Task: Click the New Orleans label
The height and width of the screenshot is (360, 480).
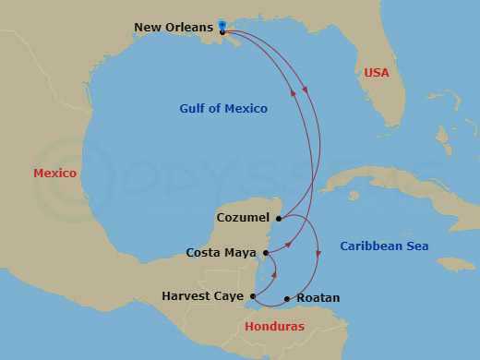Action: (x=174, y=28)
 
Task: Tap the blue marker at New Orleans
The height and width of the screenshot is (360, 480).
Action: (x=222, y=24)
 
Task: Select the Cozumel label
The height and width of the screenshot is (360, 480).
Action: (x=242, y=218)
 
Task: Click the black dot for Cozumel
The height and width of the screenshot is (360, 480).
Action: (x=279, y=219)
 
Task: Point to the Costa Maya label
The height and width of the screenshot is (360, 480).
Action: (x=222, y=252)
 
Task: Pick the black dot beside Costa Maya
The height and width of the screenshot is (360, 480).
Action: (x=266, y=252)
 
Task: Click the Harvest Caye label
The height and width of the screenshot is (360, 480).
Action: (x=203, y=296)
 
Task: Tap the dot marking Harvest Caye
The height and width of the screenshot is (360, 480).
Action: (x=252, y=296)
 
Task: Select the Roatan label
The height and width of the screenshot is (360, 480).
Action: (x=318, y=298)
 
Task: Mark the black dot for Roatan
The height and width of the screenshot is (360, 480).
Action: (x=287, y=298)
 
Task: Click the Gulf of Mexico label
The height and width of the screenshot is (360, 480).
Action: (x=223, y=109)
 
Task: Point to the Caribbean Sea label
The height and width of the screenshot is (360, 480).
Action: (x=384, y=246)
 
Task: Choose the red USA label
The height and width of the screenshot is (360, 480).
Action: (x=377, y=72)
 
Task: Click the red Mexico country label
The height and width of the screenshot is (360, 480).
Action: (x=54, y=173)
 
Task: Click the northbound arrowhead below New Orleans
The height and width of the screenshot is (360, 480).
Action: (x=294, y=91)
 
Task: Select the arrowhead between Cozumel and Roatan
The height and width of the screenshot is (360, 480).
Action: (x=318, y=253)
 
